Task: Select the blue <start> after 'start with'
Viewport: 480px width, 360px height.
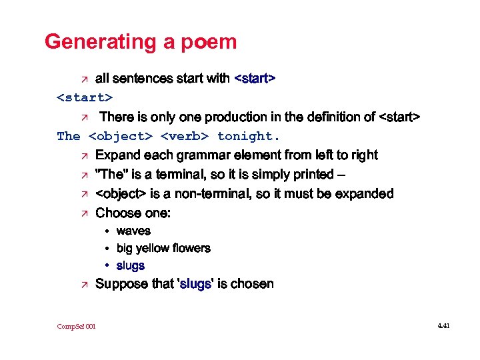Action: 255,79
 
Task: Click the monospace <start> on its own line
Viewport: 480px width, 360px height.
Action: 85,98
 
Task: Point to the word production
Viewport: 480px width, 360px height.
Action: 235,117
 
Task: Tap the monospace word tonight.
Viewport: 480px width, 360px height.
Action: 249,137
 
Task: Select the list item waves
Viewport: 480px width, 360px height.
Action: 133,231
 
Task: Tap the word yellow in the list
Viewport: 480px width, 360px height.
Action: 154,248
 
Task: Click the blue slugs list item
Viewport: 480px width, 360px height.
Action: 130,265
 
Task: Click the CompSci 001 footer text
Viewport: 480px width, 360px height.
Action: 76,326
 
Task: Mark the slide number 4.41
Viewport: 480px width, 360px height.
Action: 443,326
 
